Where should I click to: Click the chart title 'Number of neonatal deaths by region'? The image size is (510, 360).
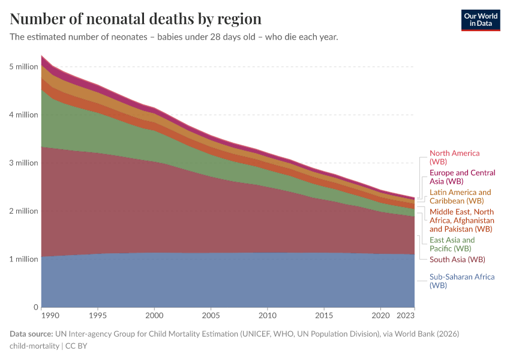pyautogui.click(x=136, y=19)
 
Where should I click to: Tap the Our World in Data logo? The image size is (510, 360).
pyautogui.click(x=480, y=20)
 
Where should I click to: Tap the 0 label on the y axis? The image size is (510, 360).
pyautogui.click(x=35, y=307)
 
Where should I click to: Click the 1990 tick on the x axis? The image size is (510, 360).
pyautogui.click(x=50, y=315)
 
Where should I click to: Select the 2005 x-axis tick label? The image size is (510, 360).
pyautogui.click(x=211, y=315)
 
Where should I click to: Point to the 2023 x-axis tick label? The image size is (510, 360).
pyautogui.click(x=405, y=315)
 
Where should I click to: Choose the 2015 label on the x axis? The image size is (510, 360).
pyautogui.click(x=324, y=315)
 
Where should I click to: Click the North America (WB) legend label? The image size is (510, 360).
pyautogui.click(x=454, y=157)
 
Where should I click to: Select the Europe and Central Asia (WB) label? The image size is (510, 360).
pyautogui.click(x=462, y=176)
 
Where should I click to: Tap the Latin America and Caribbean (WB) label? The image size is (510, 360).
pyautogui.click(x=460, y=196)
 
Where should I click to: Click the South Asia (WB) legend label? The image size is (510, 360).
pyautogui.click(x=457, y=259)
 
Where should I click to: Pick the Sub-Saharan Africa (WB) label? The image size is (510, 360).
pyautogui.click(x=461, y=281)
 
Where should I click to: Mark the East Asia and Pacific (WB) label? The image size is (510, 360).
pyautogui.click(x=452, y=244)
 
